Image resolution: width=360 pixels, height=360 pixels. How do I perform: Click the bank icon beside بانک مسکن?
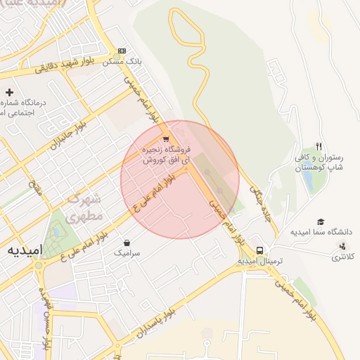(x=122, y=51)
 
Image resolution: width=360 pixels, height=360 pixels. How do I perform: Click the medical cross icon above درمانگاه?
(x=9, y=92)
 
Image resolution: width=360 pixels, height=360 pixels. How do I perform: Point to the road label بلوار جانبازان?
(x=66, y=136)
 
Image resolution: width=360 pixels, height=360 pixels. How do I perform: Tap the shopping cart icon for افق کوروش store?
(x=166, y=139)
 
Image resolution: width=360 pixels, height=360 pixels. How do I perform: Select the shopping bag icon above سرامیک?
(x=126, y=243)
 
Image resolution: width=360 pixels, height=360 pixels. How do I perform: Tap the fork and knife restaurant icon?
(x=319, y=146)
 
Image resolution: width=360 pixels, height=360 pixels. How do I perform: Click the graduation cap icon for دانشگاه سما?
(x=321, y=221)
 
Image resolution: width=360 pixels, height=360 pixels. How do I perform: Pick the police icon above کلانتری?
(x=342, y=245)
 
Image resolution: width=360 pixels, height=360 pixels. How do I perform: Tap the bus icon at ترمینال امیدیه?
(x=260, y=250)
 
